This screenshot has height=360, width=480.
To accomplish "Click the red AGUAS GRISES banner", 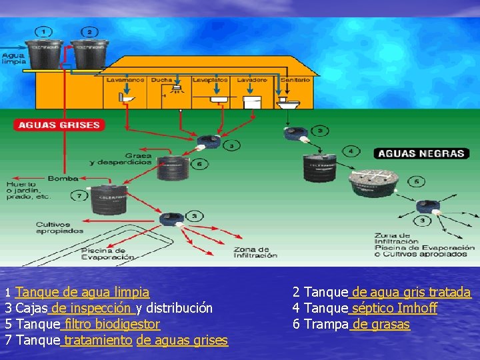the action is pos(59,125).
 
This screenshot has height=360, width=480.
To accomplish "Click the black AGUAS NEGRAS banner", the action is pos(421,153).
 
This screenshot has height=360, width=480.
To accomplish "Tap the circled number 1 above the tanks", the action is pos(44,31).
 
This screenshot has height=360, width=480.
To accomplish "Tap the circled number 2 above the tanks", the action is pos(89,31).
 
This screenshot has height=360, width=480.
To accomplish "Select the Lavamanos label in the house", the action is pos(125,80).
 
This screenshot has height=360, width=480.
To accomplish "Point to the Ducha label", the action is pos(161,80).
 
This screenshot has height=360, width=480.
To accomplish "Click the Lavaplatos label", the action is pos(210,80).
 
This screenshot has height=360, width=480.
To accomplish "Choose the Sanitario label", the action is pos(295,80).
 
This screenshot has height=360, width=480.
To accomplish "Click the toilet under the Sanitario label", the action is pos(290,103).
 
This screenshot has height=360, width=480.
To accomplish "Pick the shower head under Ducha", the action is pos(177,89).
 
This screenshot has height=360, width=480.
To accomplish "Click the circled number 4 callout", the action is pos(351,151).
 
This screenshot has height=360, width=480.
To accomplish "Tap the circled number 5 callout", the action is pos(417,181).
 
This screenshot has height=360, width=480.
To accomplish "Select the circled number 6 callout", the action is pos(199,164).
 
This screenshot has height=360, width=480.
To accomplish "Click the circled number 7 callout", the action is pos(79,196).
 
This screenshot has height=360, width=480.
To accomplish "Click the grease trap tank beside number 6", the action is pos(173,168).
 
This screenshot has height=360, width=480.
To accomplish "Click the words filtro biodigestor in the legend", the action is pos(112,325).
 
